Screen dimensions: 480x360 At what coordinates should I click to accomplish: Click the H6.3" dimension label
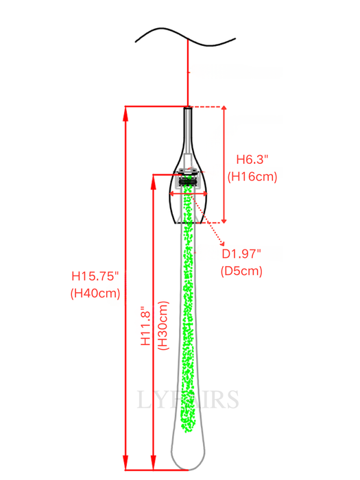(x=252, y=159)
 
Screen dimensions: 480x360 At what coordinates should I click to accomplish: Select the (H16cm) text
(x=252, y=176)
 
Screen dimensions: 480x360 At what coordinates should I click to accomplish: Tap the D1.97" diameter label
(x=242, y=254)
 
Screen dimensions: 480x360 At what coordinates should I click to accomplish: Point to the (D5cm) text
(x=242, y=270)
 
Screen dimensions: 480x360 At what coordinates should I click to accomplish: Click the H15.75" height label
(x=95, y=276)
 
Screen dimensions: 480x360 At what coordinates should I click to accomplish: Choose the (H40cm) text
(x=95, y=293)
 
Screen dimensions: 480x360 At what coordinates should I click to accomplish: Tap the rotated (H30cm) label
(x=163, y=327)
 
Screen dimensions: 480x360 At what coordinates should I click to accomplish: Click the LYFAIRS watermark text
(x=188, y=399)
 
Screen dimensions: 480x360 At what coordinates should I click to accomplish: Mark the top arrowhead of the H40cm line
(x=125, y=110)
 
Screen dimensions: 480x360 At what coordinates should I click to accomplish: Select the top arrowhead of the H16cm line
(x=224, y=110)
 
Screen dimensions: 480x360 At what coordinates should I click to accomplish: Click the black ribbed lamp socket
(x=187, y=180)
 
